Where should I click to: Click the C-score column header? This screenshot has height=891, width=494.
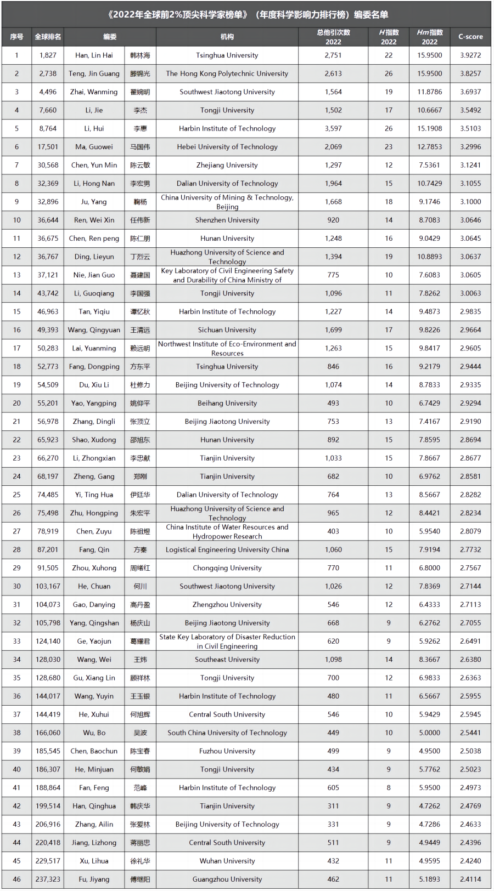point(470,37)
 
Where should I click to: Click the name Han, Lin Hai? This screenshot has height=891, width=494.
point(94,55)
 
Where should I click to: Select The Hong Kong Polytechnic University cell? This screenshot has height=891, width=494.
point(227,73)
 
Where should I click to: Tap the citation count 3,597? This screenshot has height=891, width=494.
point(333,128)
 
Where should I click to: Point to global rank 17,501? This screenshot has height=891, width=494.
point(48,147)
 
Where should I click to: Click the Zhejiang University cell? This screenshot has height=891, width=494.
point(227,165)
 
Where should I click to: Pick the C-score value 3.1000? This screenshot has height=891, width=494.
point(470,202)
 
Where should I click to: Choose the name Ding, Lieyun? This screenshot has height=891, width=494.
point(94,257)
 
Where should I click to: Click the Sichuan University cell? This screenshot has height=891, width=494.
point(227,330)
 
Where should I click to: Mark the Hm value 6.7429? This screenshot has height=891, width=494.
point(429,403)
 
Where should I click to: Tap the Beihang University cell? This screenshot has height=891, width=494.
point(227,403)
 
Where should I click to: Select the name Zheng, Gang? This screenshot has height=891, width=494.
point(94,476)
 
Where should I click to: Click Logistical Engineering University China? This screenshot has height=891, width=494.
point(227,549)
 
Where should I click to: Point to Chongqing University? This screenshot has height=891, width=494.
point(227,568)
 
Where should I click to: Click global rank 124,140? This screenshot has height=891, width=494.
point(48,641)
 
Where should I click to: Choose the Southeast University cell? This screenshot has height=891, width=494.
point(227,660)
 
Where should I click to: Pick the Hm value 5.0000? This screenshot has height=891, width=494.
point(429,733)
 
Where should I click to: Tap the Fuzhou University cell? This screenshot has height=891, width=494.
point(227,751)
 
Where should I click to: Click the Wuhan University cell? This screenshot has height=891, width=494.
point(227,861)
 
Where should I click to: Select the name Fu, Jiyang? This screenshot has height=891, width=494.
point(94,879)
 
